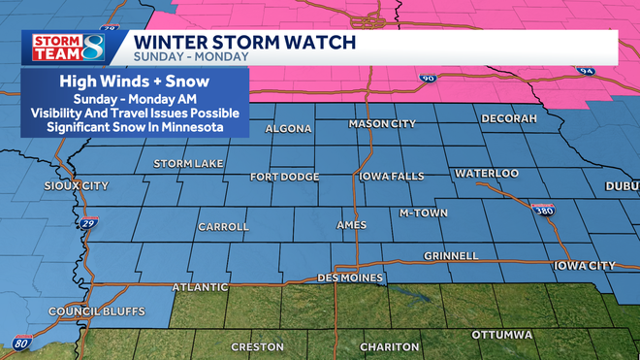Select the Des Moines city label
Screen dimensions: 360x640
352,278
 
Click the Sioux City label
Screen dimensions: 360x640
78,184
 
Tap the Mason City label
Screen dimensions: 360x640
383,125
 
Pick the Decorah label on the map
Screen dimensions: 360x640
509,118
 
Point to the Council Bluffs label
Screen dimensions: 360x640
97,311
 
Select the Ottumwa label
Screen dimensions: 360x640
501,334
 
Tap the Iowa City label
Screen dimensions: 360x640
585,265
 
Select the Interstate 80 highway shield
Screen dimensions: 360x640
22,344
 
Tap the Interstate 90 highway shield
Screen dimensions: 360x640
427,78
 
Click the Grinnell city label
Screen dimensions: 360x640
451,256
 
